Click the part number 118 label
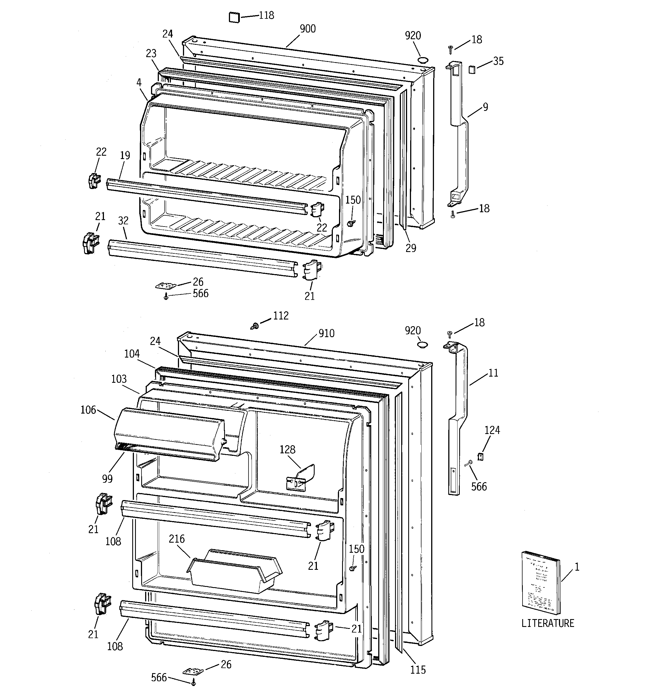[266, 16]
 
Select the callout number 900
[307, 29]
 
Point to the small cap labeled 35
[472, 69]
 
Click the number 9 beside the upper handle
[485, 107]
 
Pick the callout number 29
[411, 248]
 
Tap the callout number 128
[287, 450]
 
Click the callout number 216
[177, 539]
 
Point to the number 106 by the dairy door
[88, 410]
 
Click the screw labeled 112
[255, 326]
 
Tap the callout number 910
[326, 333]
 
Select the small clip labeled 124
[480, 456]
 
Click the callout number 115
[418, 670]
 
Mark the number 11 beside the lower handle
[493, 373]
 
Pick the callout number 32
[123, 221]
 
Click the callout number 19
[125, 155]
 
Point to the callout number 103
[119, 379]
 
